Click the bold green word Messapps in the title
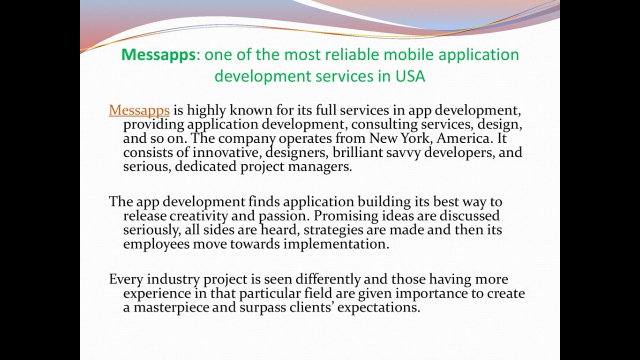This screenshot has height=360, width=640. point(158,54)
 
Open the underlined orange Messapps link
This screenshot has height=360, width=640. point(139,110)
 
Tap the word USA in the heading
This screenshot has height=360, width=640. point(410,76)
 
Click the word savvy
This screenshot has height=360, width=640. point(403,152)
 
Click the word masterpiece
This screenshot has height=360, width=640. point(171,307)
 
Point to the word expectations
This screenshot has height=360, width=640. point(378,307)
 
